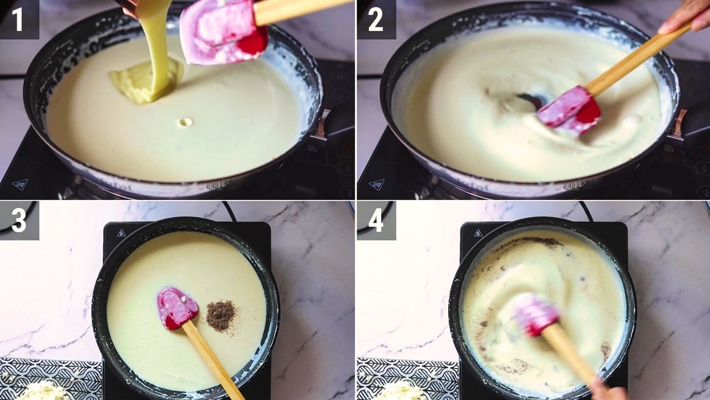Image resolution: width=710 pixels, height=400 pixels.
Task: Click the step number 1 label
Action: [18, 19]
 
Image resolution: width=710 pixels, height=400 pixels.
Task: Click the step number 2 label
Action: [376, 19]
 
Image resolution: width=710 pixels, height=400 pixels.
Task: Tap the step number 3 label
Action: [19, 221]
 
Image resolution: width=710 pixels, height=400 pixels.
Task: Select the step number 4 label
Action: [376, 221]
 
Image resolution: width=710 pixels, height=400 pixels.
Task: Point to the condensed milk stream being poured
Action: [156, 48]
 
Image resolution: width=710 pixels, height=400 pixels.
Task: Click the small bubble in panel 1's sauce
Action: [185, 122]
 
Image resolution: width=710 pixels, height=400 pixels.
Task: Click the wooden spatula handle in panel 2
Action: [637, 59]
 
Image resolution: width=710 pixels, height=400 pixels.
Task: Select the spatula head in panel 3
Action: [177, 308]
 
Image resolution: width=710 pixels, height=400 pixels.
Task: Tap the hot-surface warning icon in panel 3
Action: [121, 233]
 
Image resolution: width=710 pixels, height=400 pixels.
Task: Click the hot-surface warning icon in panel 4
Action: [478, 233]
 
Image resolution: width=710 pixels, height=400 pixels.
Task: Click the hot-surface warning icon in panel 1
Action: [19, 184]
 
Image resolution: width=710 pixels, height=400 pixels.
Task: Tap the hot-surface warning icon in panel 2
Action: [377, 184]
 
